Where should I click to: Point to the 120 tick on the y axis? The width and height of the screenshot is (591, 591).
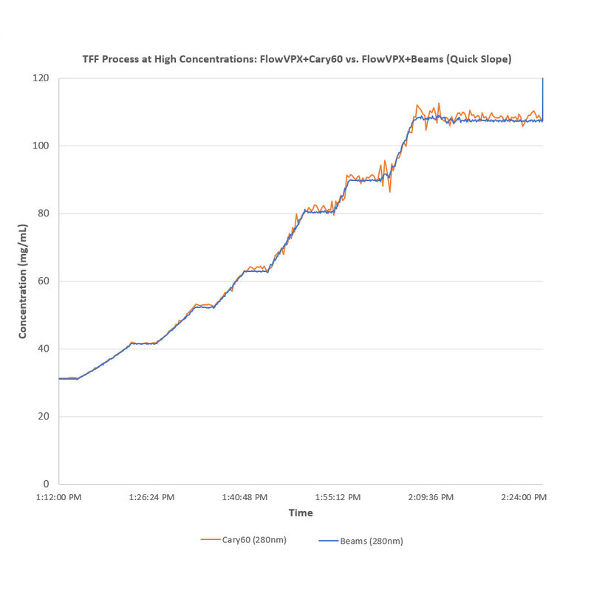point(41,78)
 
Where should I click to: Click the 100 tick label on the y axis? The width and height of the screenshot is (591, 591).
point(41,146)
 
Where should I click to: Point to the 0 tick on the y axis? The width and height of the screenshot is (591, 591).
point(47,484)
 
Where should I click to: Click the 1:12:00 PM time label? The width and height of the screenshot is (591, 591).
point(59,497)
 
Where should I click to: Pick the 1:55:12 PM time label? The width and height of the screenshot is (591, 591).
point(338,497)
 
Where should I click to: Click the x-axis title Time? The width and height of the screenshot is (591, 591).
point(301,513)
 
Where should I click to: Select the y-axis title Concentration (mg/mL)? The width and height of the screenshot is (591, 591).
point(23,281)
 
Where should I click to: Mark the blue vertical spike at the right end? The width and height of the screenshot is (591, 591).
point(543,96)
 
